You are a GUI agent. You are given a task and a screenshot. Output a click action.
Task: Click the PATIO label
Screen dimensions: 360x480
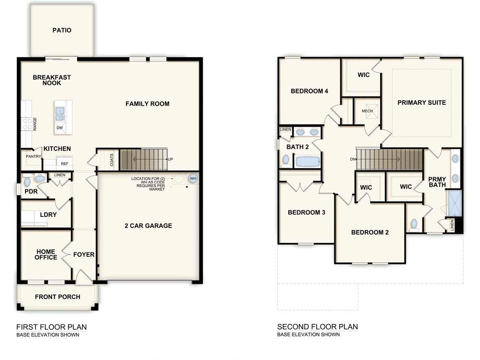pos(62,30)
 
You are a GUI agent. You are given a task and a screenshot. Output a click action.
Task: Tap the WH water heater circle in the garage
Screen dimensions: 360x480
pos(193,178)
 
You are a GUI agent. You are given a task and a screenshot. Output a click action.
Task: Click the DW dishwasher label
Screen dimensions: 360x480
pos(60,128)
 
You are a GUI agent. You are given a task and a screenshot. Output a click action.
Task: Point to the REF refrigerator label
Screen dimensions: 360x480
pos(64,164)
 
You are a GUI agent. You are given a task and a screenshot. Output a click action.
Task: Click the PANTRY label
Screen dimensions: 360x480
pos(33,156)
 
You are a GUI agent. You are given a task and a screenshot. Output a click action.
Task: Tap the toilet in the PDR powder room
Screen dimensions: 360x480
pos(27,182)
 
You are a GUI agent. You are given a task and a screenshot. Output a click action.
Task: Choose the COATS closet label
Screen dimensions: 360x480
pos(112,160)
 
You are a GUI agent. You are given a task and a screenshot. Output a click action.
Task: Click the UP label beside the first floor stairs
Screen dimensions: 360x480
pos(170,159)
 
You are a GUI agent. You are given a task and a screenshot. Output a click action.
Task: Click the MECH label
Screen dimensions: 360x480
pos(367,111)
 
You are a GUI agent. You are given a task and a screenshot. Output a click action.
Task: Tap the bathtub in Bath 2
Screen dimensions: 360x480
pos(307,162)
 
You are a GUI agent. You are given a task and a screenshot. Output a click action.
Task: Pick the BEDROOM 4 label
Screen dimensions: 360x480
pos(309,91)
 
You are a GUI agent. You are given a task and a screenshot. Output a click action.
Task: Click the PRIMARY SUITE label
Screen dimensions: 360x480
pos(421,103)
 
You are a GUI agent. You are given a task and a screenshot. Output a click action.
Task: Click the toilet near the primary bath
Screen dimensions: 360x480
pos(414,225)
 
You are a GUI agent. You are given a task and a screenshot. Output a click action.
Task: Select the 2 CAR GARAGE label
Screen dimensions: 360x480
pos(148,226)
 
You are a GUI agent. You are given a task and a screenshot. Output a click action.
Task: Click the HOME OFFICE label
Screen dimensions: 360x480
pos(46,254)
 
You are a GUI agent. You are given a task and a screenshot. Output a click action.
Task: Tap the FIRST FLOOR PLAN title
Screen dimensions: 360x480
pos(51,327)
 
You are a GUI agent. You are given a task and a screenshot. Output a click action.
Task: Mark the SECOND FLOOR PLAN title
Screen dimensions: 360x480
pos(317,327)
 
